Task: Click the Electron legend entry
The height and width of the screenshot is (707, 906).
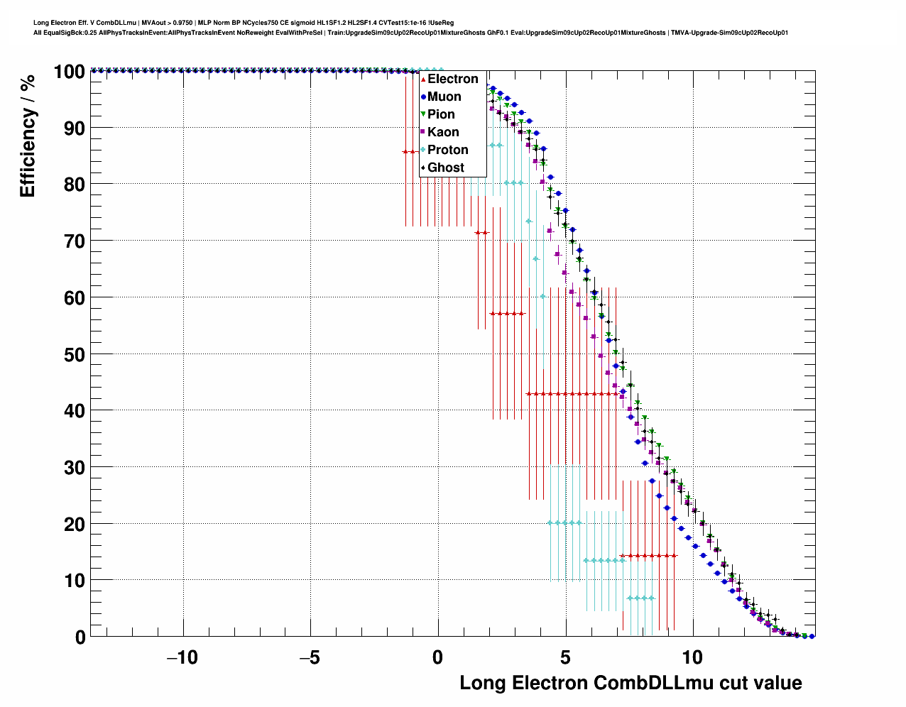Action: click(x=452, y=79)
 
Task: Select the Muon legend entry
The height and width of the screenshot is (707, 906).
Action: click(x=444, y=97)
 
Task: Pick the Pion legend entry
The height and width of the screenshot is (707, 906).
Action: click(x=441, y=114)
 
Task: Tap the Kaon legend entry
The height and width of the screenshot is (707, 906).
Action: click(x=443, y=132)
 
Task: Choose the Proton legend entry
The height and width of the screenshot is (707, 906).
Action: click(x=447, y=150)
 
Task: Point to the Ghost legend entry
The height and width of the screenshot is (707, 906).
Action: click(x=445, y=168)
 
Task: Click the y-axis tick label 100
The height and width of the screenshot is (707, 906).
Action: click(x=69, y=72)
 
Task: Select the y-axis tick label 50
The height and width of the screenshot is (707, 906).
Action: click(x=75, y=354)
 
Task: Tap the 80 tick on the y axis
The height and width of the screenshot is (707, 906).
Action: click(x=75, y=185)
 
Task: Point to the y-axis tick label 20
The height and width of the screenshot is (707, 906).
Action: click(x=75, y=524)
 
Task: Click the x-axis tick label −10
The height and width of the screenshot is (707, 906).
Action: click(x=182, y=657)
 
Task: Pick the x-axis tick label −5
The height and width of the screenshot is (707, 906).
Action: click(x=310, y=657)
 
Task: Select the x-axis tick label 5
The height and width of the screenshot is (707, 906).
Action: click(x=565, y=657)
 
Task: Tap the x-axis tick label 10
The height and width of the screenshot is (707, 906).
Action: click(x=692, y=657)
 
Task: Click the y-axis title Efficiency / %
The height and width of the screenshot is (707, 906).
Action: click(x=27, y=136)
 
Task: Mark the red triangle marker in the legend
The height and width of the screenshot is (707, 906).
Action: click(x=423, y=79)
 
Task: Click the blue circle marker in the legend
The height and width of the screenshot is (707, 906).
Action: click(x=423, y=97)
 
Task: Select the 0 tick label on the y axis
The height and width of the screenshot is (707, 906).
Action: click(x=80, y=637)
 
